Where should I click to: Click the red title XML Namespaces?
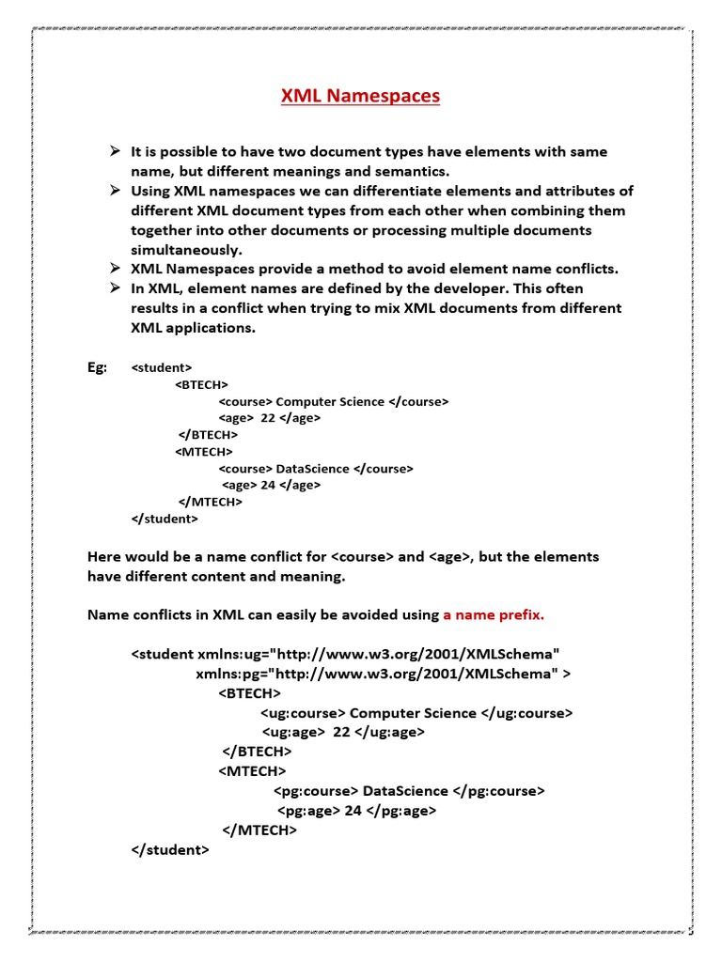click(x=360, y=96)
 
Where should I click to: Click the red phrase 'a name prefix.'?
click(x=494, y=615)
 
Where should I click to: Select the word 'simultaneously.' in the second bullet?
click(x=186, y=250)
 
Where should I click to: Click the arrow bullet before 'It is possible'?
click(x=113, y=151)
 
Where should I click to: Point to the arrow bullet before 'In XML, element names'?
click(x=113, y=288)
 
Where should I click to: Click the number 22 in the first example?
click(x=268, y=418)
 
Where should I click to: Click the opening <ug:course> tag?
click(x=303, y=713)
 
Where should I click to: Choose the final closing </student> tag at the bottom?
click(x=170, y=849)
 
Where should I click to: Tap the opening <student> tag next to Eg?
click(x=162, y=367)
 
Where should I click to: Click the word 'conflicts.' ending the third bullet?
click(x=586, y=269)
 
